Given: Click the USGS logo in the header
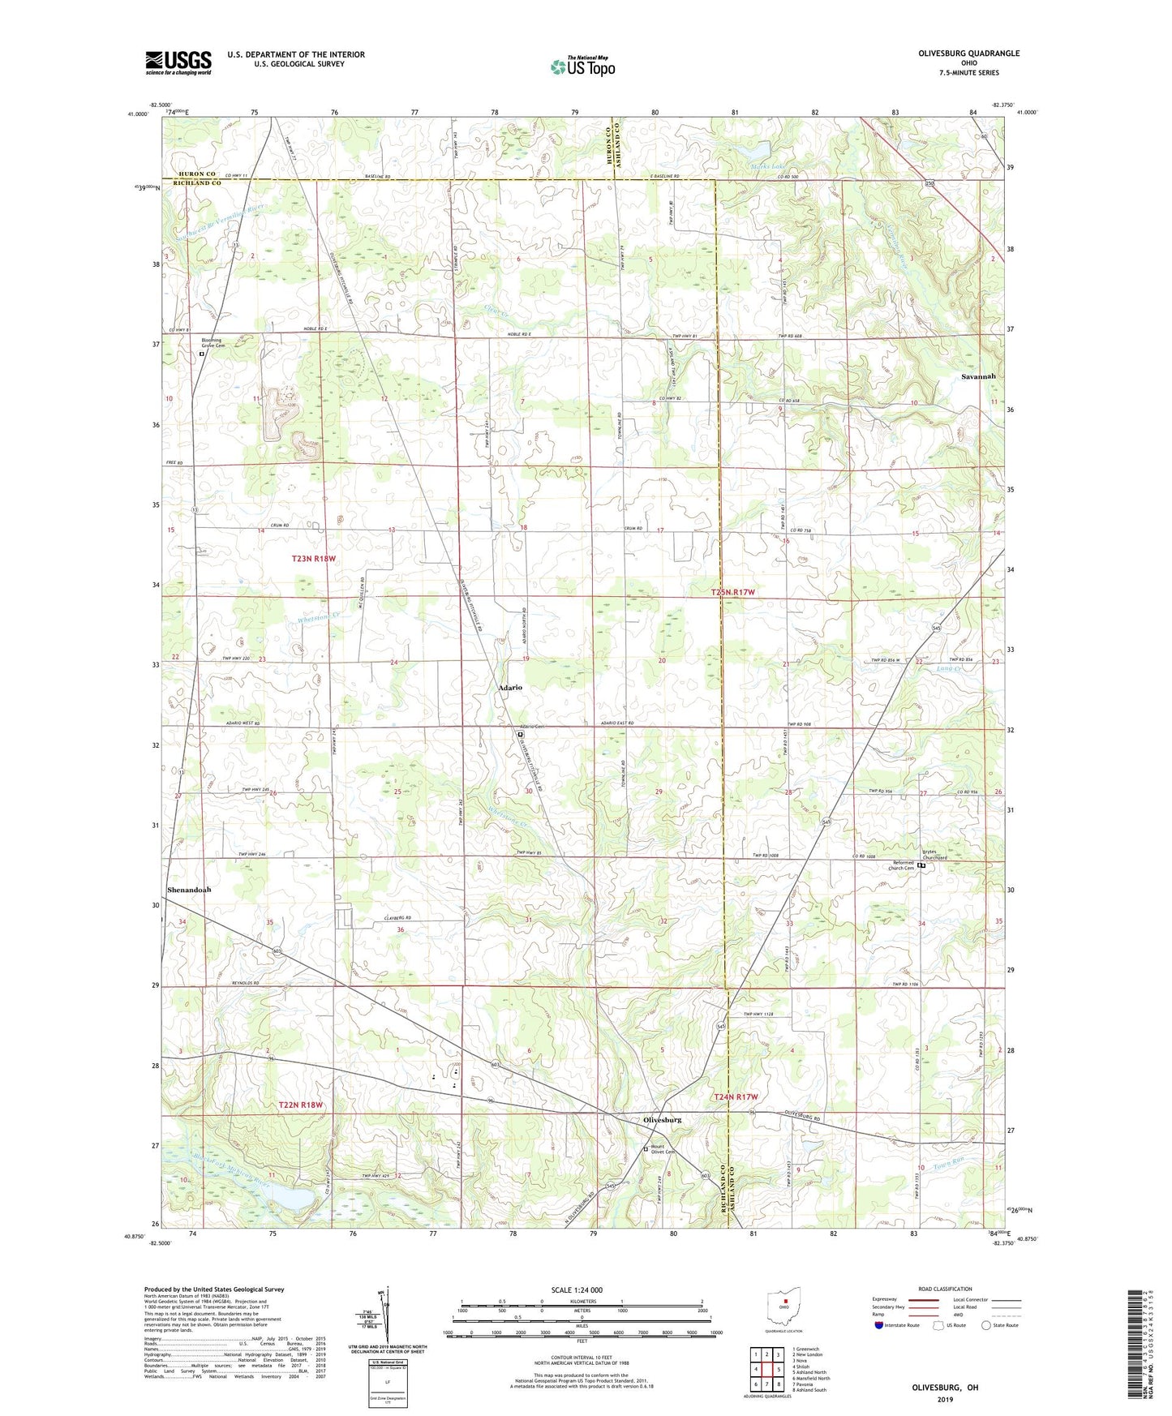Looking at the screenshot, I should click(178, 62).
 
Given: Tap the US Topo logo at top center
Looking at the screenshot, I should click(582, 66).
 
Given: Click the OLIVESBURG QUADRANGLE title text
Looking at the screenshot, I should click(969, 54).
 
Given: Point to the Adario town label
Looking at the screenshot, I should click(510, 687).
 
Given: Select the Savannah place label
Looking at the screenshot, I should click(978, 377).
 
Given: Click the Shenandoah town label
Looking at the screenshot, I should click(189, 890).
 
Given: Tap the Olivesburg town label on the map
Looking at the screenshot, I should click(662, 1120).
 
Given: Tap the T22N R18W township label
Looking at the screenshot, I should click(301, 1105).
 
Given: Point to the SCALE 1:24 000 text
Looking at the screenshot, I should click(577, 1289).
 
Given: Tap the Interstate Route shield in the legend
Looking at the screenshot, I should click(880, 1325).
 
